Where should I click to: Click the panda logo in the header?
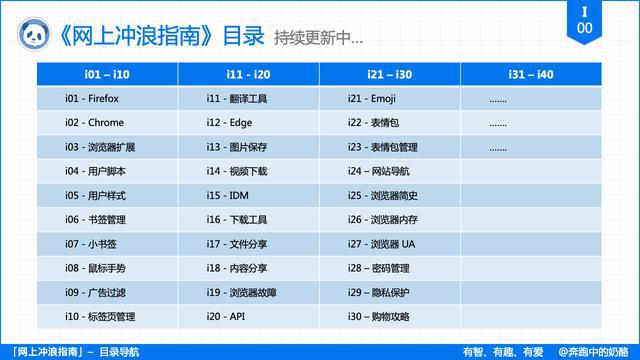pyautogui.click(x=32, y=32)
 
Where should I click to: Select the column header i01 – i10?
pyautogui.click(x=108, y=75)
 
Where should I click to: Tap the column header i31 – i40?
pyautogui.click(x=532, y=75)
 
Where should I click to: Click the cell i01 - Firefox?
pyautogui.click(x=92, y=99)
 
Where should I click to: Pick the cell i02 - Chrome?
pyautogui.click(x=94, y=123)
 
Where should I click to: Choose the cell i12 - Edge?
pyautogui.click(x=231, y=123)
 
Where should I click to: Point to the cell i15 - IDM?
pyautogui.click(x=228, y=195)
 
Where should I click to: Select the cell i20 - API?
pyautogui.click(x=226, y=316)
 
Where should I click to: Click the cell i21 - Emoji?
pyautogui.click(x=373, y=99)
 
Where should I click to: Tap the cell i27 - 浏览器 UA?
pyautogui.click(x=381, y=244)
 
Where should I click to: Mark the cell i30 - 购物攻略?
pyautogui.click(x=379, y=316)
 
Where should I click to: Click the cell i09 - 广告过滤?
pyautogui.click(x=96, y=292)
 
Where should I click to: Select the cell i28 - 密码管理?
pyautogui.click(x=379, y=268)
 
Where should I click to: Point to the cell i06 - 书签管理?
pyautogui.click(x=96, y=219)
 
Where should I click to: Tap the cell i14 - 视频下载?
pyautogui.click(x=237, y=171)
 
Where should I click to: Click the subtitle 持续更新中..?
pyautogui.click(x=318, y=40)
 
